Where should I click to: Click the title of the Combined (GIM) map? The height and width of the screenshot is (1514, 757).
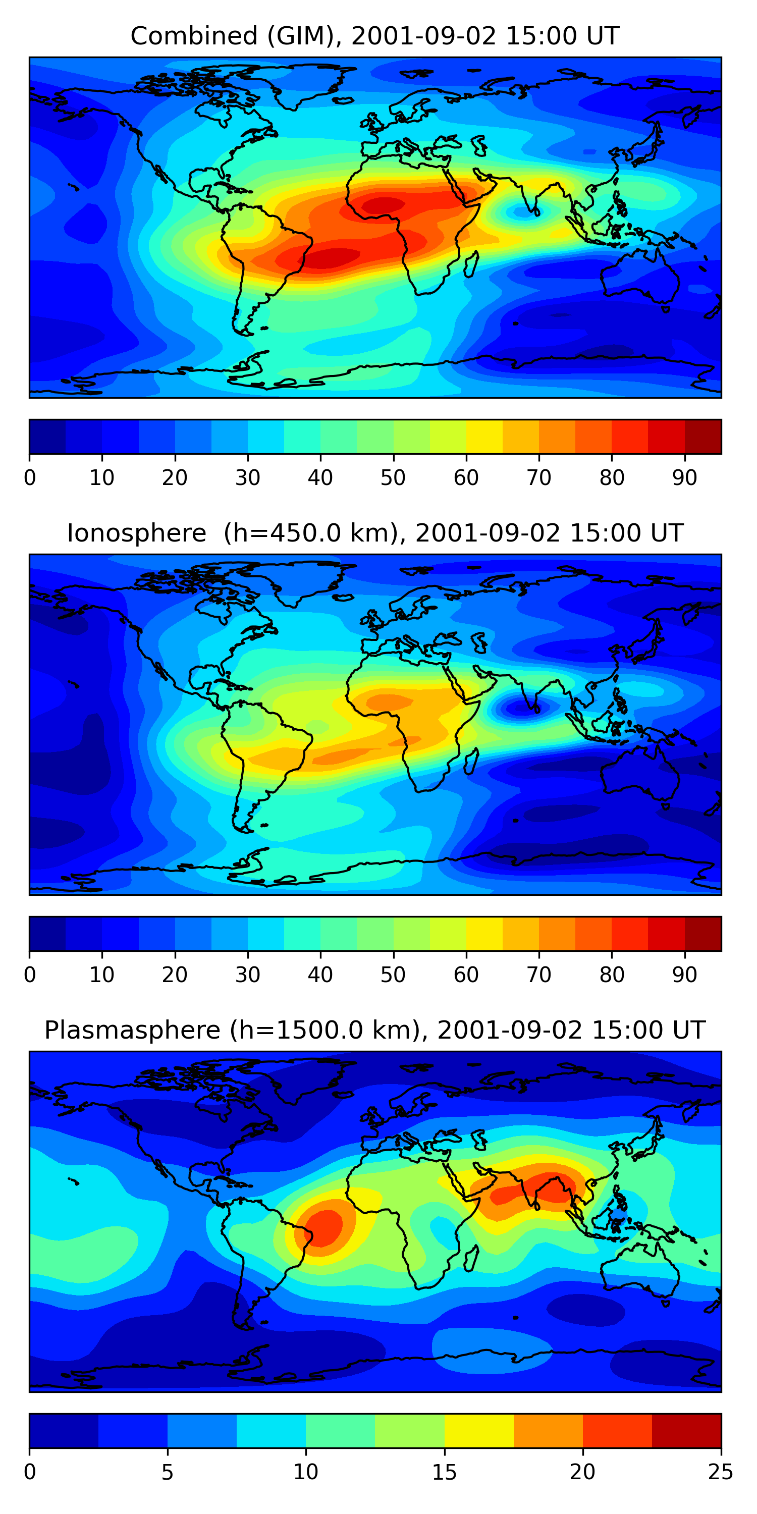pos(374,36)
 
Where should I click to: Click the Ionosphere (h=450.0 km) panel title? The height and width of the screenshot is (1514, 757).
pos(374,533)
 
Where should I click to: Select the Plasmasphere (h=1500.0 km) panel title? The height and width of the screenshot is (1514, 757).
pos(374,1031)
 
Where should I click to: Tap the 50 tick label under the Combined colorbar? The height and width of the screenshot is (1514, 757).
pos(393,478)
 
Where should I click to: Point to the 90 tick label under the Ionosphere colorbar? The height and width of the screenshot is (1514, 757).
pos(685,975)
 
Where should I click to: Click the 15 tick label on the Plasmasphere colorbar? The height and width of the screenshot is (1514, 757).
pos(444,1472)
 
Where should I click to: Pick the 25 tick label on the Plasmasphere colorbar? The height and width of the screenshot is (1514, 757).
pos(721,1472)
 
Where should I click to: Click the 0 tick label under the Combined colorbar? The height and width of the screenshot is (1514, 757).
pos(30,478)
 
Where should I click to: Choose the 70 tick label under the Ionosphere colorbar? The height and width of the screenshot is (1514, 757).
pos(539,975)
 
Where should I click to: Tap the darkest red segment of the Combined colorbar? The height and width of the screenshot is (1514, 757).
pos(703,437)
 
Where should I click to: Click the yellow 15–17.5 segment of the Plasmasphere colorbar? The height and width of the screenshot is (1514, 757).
pos(479,1431)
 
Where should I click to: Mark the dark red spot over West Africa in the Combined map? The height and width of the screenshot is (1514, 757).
pos(383,205)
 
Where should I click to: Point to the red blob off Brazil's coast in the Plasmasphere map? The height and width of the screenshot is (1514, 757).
pos(324,1224)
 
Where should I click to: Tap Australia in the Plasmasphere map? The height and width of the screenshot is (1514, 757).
pos(640,1270)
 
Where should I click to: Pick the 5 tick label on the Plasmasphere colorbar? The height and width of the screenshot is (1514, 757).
pos(168,1472)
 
